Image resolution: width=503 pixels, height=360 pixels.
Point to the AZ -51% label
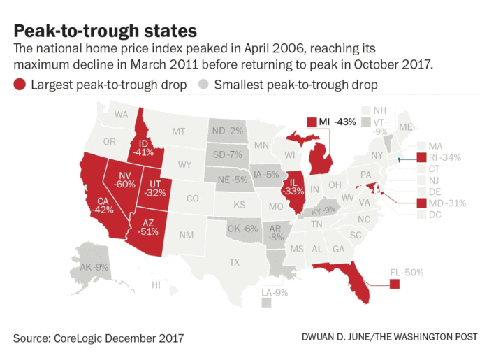click(148, 227)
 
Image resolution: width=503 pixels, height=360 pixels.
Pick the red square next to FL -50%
click(395, 283)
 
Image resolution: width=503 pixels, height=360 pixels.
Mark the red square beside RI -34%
click(421, 157)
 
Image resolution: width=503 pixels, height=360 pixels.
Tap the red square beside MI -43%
click(312, 122)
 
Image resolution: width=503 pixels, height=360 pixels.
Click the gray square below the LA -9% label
click(266, 303)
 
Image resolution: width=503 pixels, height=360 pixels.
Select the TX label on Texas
click(234, 262)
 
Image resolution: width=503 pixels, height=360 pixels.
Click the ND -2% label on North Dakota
click(227, 131)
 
